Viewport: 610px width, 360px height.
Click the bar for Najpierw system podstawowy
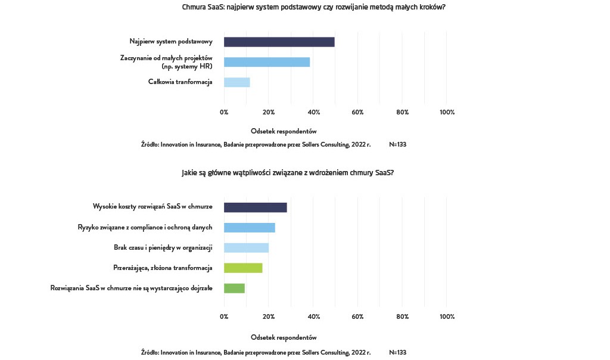tap(279, 42)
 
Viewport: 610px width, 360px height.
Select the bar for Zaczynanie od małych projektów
tap(267, 62)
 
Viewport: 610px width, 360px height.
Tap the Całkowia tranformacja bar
tap(236, 82)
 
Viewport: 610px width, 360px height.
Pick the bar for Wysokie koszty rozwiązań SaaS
tap(255, 207)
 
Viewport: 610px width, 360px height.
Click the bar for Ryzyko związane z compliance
tap(250, 228)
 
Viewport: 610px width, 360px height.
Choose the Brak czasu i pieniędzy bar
tap(246, 247)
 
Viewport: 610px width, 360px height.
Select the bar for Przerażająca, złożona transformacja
tap(243, 268)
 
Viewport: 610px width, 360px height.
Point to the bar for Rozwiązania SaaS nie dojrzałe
tap(234, 288)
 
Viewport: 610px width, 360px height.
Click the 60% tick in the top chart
tap(357, 112)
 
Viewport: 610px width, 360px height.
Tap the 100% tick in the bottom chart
tap(447, 317)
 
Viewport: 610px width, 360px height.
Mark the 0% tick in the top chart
tap(224, 112)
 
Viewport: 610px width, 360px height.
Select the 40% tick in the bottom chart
tap(313, 317)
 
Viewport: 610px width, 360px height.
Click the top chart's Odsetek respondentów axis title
tap(284, 131)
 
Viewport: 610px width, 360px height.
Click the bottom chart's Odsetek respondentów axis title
tap(284, 337)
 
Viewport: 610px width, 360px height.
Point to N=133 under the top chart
tap(397, 144)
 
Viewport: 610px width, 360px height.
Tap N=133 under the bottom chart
tap(397, 352)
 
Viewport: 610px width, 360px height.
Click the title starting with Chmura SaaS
tap(313, 7)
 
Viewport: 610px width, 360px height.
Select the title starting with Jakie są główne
tap(288, 173)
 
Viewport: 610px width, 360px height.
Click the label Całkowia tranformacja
tap(180, 82)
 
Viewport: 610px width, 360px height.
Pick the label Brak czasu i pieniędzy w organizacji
tap(163, 247)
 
